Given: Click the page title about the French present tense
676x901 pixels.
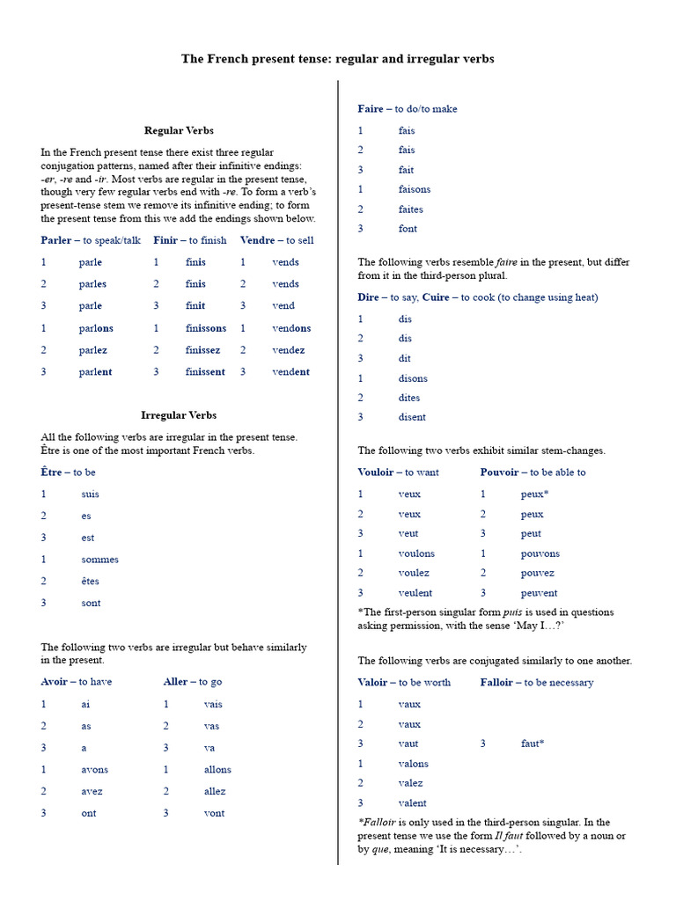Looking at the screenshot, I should point(338,59).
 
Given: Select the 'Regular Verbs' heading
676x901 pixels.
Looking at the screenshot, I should point(179,130).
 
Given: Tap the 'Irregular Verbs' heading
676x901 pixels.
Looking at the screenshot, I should point(179,415).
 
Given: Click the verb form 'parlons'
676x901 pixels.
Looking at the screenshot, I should point(95,328).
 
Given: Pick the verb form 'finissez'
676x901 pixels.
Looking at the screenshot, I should point(203,350).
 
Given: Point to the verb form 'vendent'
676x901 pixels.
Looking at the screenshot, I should point(291,372).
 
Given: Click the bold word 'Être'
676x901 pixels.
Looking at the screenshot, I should point(51,472).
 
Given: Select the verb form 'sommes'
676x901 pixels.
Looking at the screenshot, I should point(99,560).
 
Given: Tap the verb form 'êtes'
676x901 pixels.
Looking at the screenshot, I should point(90,582).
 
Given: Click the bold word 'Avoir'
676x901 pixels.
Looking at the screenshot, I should point(54,682).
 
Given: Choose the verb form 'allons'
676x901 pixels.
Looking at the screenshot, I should point(217,770).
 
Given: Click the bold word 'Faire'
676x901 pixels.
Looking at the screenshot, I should point(371,109).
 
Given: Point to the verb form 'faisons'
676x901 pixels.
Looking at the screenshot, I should point(415,189).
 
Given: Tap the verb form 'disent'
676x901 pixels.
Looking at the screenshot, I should point(412,417).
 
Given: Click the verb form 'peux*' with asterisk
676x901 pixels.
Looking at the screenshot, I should point(534,494).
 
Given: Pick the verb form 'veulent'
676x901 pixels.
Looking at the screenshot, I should point(415,593).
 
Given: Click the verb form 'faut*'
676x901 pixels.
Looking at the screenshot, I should point(533,744).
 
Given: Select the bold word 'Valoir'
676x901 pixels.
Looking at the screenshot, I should point(372,683).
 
